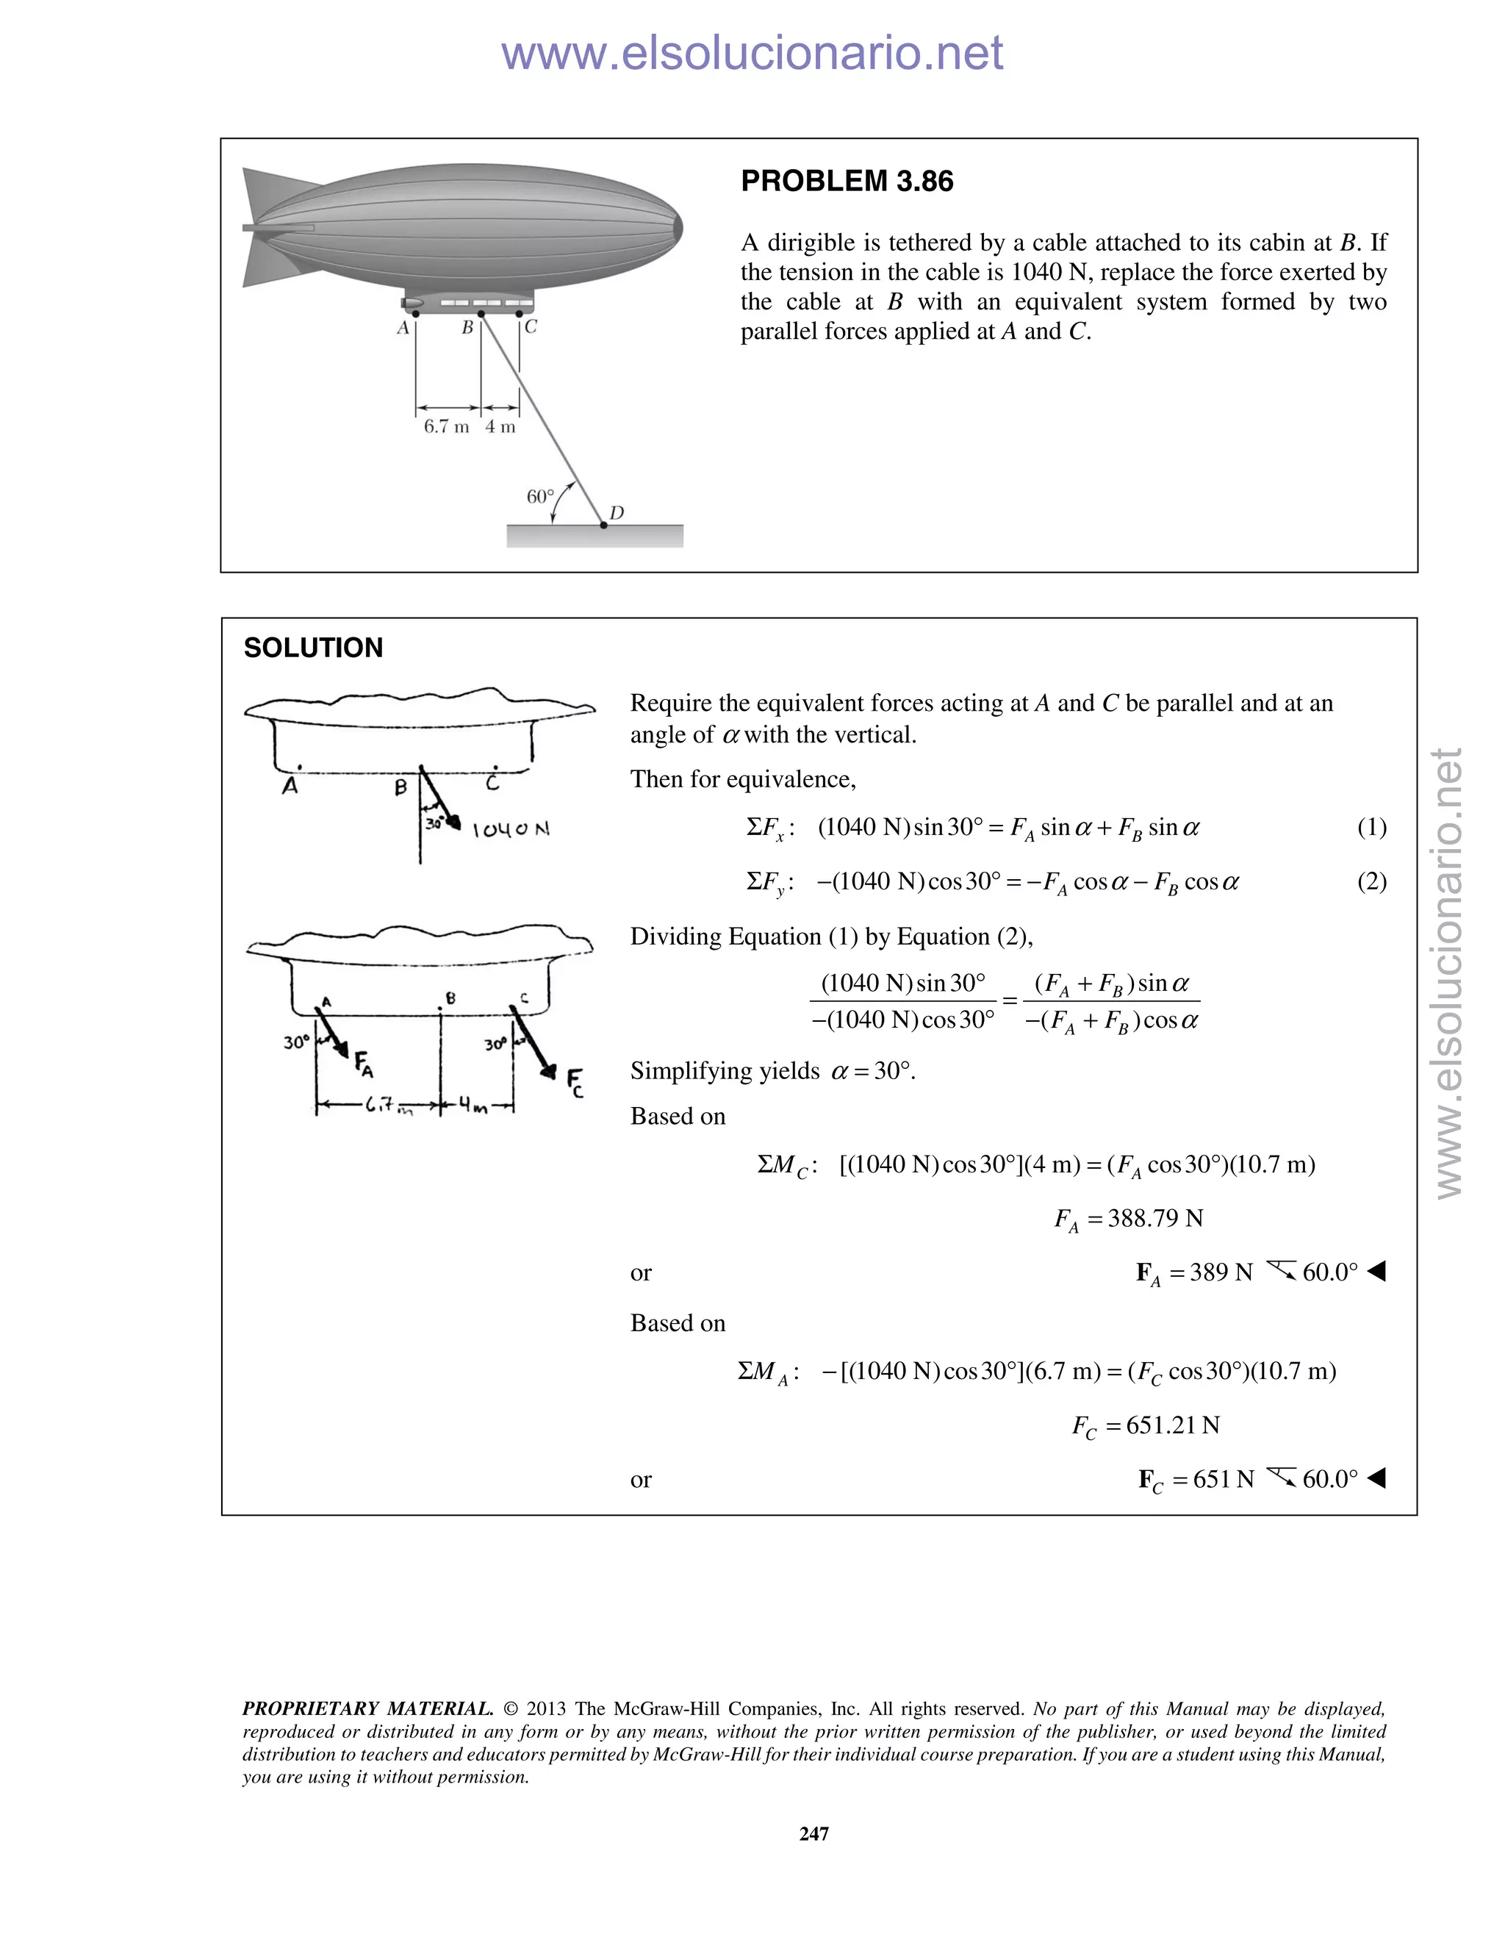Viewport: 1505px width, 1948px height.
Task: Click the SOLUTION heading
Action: (x=313, y=648)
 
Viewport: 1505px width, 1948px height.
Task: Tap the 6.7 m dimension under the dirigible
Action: (x=446, y=426)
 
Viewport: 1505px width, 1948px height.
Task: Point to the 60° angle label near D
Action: (x=539, y=496)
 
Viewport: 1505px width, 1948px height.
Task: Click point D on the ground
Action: (x=603, y=526)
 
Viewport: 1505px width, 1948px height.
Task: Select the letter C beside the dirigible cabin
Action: (x=531, y=326)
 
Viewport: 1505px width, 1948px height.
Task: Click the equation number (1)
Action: (x=1371, y=827)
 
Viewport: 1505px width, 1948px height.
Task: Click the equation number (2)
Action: (x=1371, y=881)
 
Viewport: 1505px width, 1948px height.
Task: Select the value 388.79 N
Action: (x=1154, y=1218)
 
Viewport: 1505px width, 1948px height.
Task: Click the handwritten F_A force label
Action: (x=364, y=1063)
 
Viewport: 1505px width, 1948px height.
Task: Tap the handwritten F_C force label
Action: (x=576, y=1081)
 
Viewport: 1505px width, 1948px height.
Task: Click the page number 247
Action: (x=814, y=1834)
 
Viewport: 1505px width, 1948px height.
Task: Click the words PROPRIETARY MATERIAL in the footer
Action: (x=367, y=1709)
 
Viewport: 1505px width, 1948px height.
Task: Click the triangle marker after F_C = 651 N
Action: (x=1376, y=1479)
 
